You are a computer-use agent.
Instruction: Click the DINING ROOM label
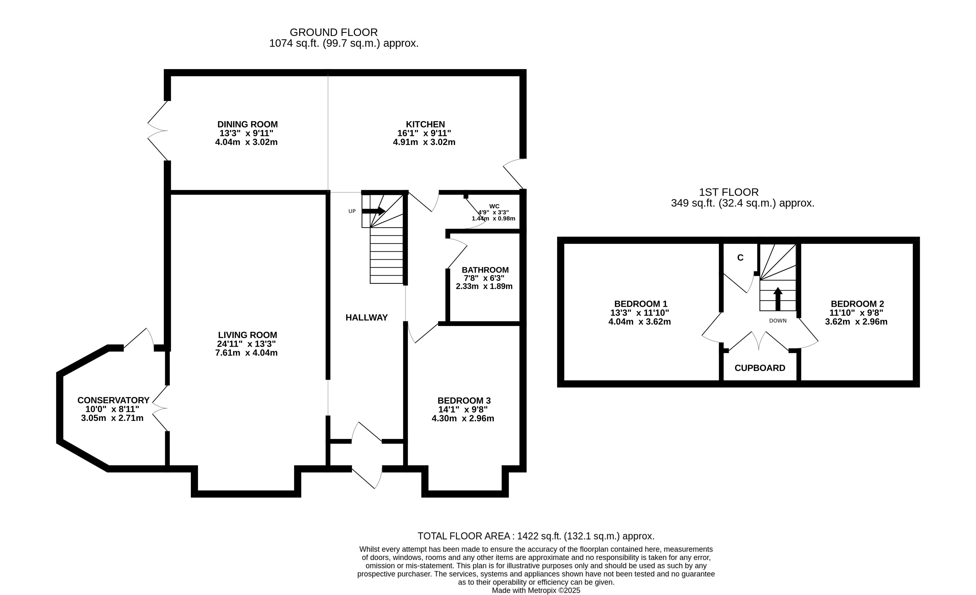tap(248, 124)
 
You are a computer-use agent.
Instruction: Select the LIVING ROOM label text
tap(248, 335)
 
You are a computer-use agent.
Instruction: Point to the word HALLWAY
tap(366, 318)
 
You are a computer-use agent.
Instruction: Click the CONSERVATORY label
tap(113, 400)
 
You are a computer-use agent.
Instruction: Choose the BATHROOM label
tap(485, 270)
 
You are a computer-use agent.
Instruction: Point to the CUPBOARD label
tap(760, 368)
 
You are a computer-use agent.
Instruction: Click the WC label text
tap(494, 206)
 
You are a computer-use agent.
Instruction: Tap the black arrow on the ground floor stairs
tap(373, 211)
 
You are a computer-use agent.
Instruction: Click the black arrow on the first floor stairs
tap(778, 299)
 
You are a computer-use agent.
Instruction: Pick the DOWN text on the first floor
tap(778, 321)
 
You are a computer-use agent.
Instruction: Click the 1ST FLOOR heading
tap(729, 193)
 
